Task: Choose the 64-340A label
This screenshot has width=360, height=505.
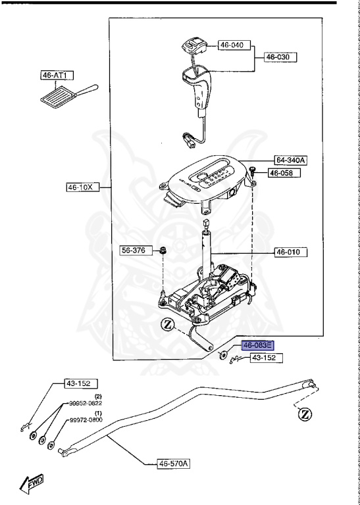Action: click(291, 160)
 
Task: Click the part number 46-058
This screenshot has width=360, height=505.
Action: click(283, 173)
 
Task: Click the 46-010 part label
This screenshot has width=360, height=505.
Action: click(290, 252)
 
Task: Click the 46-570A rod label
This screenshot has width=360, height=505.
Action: click(173, 464)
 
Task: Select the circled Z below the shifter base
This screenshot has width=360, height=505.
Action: click(167, 324)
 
